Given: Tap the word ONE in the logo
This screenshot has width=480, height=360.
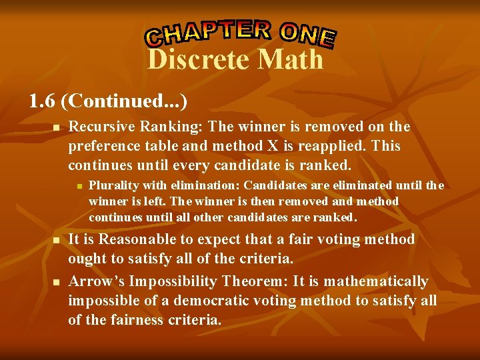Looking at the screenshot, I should tap(307, 35).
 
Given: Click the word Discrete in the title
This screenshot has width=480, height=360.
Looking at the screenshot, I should tap(197, 60).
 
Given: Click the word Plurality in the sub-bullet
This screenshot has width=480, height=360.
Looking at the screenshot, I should tap(111, 186).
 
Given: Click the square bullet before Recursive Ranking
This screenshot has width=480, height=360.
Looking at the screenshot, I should tap(57, 127).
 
